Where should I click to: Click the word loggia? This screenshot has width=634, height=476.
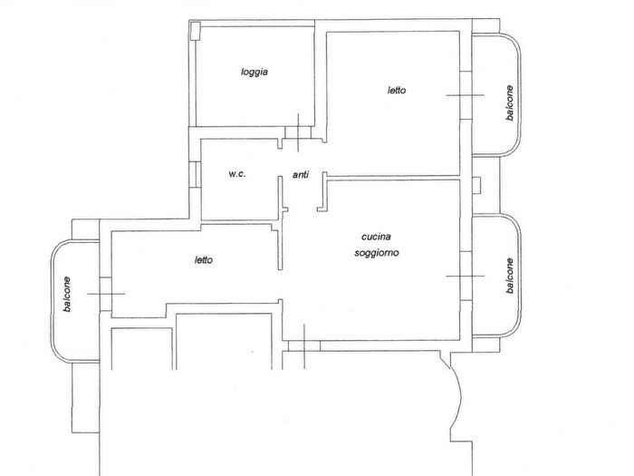pyautogui.click(x=255, y=73)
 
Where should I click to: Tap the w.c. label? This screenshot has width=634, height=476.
pyautogui.click(x=237, y=174)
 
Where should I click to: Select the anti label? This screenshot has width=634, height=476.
pyautogui.click(x=301, y=174)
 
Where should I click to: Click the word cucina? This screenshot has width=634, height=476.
pyautogui.click(x=376, y=237)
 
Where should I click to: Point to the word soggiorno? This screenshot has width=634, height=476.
pyautogui.click(x=377, y=253)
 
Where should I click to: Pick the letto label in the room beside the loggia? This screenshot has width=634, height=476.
pyautogui.click(x=397, y=91)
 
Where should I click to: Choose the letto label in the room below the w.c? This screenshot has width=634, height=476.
pyautogui.click(x=204, y=260)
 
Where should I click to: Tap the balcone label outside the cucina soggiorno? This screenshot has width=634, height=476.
pyautogui.click(x=509, y=276)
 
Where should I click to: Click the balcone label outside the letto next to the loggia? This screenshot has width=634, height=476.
pyautogui.click(x=509, y=102)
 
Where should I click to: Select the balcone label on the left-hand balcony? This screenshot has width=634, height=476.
pyautogui.click(x=67, y=295)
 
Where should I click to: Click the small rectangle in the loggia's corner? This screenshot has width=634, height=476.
pyautogui.click(x=195, y=31)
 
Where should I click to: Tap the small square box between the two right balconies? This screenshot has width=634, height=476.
pyautogui.click(x=475, y=186)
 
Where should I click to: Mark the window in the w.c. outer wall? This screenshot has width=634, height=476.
pyautogui.click(x=195, y=174)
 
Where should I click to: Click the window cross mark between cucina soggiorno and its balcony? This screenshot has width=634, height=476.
pyautogui.click(x=466, y=276)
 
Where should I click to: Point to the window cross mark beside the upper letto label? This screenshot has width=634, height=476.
pyautogui.click(x=466, y=95)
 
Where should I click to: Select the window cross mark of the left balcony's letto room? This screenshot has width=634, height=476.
pyautogui.click(x=106, y=294)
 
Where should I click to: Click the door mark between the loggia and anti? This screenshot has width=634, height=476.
pyautogui.click(x=298, y=132)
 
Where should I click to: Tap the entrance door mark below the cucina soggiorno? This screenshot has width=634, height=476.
pyautogui.click(x=304, y=346)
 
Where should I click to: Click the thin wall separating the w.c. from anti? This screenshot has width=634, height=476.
pyautogui.click(x=280, y=223)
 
